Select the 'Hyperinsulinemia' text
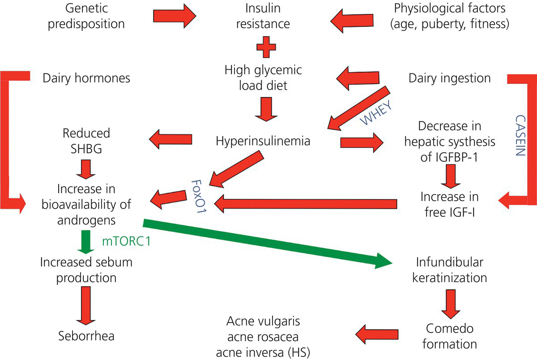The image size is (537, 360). (x=263, y=141)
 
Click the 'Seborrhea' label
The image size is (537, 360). (x=86, y=335)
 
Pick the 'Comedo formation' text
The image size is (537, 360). (x=449, y=336)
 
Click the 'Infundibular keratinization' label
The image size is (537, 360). (x=449, y=270)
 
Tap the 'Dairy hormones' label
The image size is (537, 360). (x=86, y=78)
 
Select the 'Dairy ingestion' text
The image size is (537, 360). (x=449, y=78)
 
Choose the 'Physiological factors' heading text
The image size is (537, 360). (x=449, y=8)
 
